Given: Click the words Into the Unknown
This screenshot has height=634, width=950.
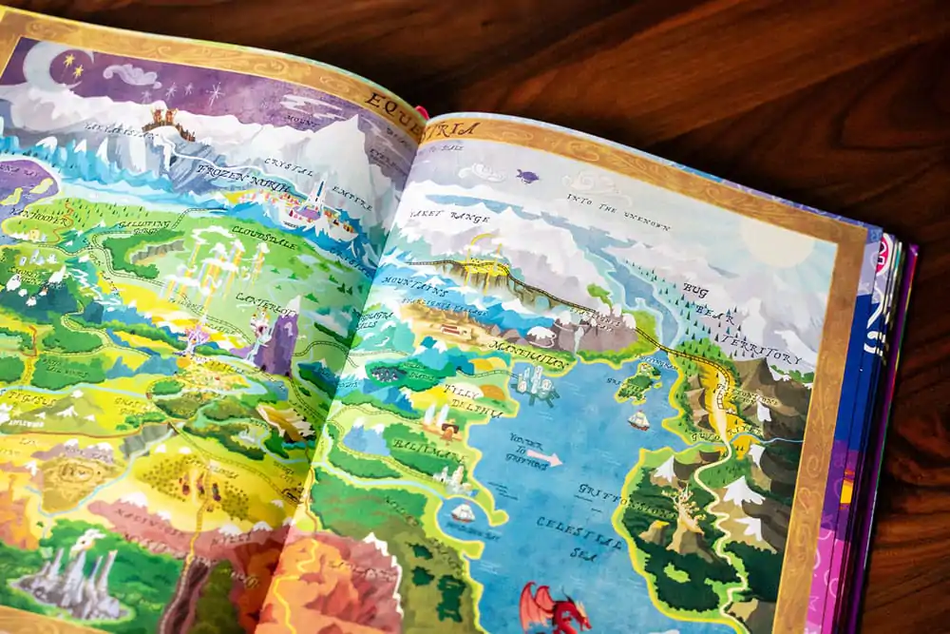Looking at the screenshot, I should (618, 212).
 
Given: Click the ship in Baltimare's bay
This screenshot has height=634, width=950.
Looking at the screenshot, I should (464, 512).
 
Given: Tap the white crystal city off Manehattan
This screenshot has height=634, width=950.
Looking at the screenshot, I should (532, 385).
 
